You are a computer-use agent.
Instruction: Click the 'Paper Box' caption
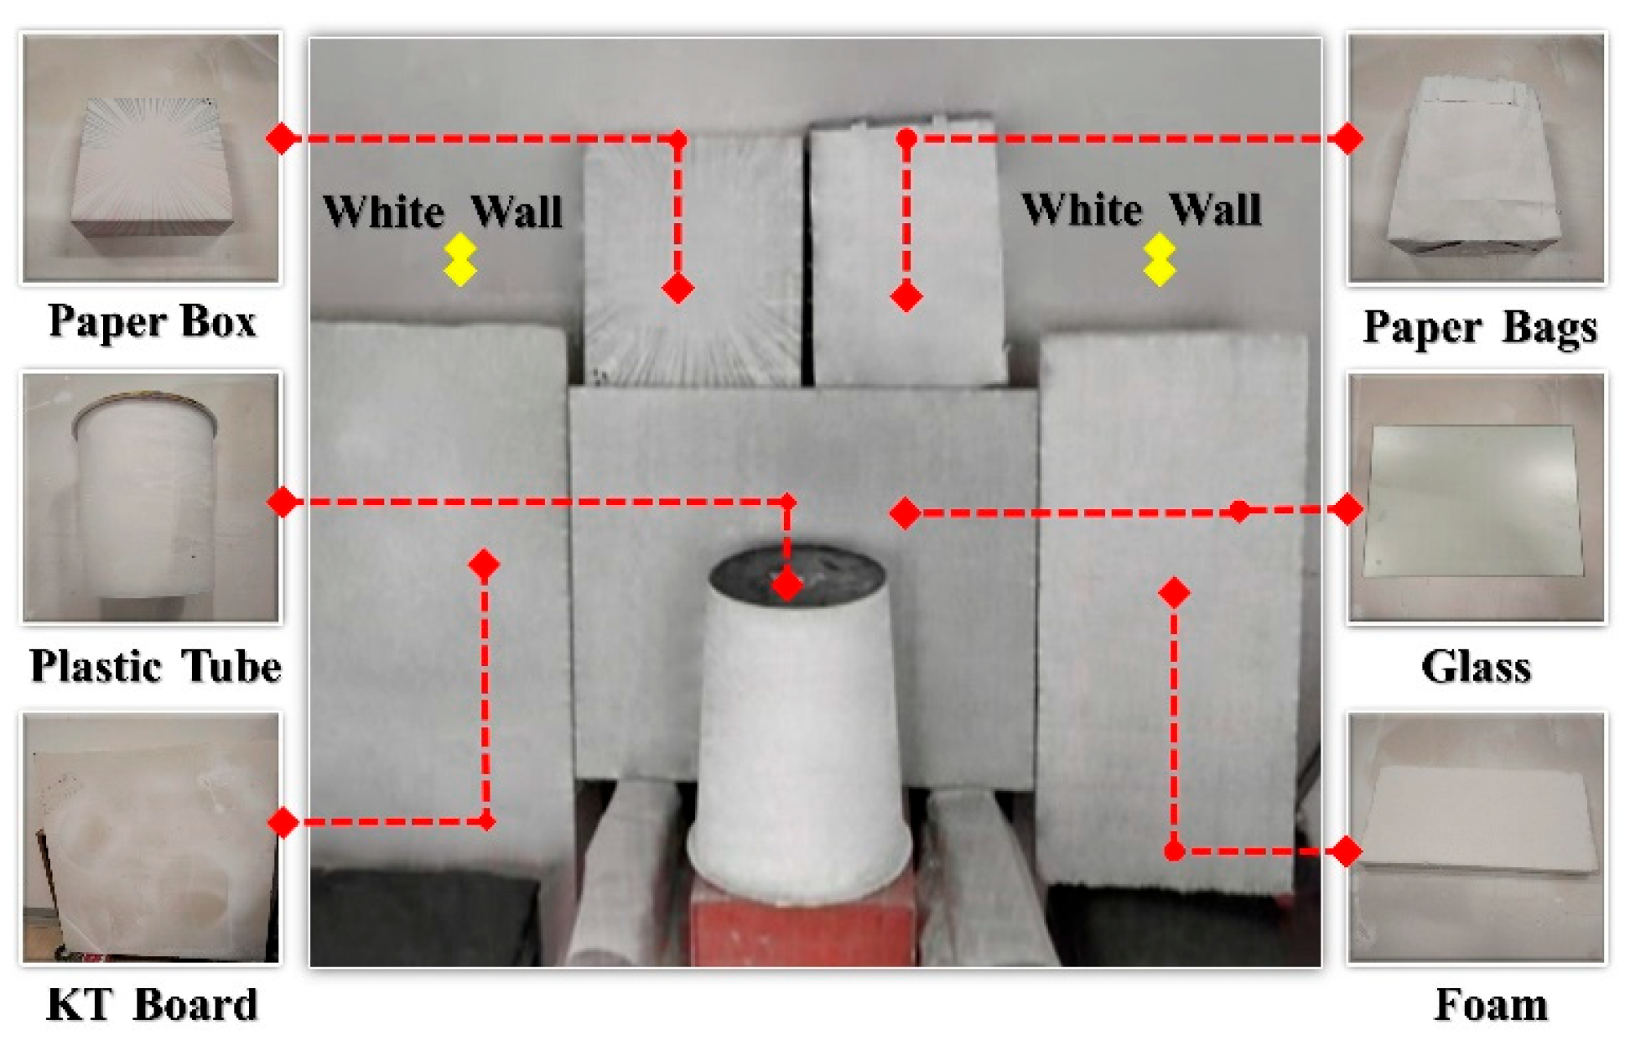pyautogui.click(x=152, y=322)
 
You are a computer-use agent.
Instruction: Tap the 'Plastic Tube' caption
pyautogui.click(x=155, y=667)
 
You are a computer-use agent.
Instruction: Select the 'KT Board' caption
pyautogui.click(x=152, y=1004)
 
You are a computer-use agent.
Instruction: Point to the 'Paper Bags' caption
pyautogui.click(x=1480, y=327)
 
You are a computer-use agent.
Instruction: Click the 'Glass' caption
pyautogui.click(x=1477, y=667)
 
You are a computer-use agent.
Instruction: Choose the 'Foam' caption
pyautogui.click(x=1491, y=1004)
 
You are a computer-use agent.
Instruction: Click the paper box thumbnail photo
pyautogui.click(x=151, y=158)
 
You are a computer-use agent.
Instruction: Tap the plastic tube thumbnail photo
pyautogui.click(x=151, y=497)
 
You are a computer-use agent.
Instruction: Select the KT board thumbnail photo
pyautogui.click(x=151, y=838)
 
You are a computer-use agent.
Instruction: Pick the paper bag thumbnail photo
pyautogui.click(x=1477, y=158)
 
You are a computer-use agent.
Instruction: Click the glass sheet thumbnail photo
pyautogui.click(x=1477, y=497)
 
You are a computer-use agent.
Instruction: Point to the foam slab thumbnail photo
pyautogui.click(x=1477, y=838)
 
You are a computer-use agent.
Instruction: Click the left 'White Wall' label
pyautogui.click(x=443, y=211)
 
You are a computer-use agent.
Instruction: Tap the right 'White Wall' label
pyautogui.click(x=1141, y=209)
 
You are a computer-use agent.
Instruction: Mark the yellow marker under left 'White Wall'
pyautogui.click(x=460, y=260)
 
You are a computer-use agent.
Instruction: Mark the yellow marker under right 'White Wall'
pyautogui.click(x=1160, y=260)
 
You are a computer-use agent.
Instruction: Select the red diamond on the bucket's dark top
pyautogui.click(x=786, y=585)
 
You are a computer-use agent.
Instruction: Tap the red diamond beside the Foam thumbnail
pyautogui.click(x=1347, y=851)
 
